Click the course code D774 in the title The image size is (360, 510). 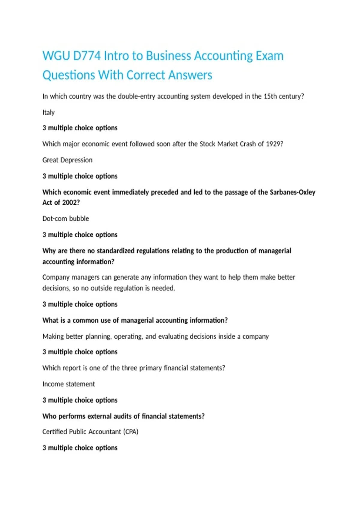[x=87, y=56]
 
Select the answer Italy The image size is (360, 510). [x=49, y=112]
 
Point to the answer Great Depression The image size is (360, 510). [x=67, y=160]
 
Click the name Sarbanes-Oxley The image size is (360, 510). [x=292, y=192]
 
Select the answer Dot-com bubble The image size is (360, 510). [x=66, y=219]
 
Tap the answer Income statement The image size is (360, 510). [x=69, y=384]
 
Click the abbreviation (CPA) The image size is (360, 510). [x=131, y=432]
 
